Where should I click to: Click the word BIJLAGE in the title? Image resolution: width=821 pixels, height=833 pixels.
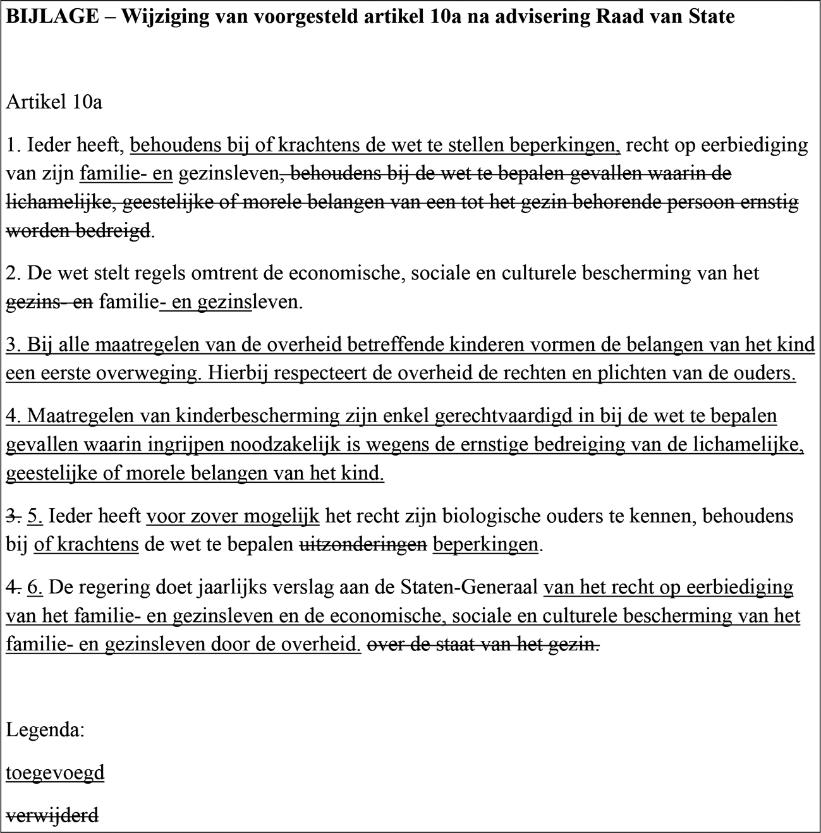tap(52, 17)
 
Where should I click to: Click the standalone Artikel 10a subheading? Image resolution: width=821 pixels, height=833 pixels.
tap(54, 102)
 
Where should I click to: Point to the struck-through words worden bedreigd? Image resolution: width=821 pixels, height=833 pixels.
tap(78, 231)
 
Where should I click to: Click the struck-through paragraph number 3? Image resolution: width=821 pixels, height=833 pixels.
tap(13, 516)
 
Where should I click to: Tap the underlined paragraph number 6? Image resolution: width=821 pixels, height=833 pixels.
tap(35, 587)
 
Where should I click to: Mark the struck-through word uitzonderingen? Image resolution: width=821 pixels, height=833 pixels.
tap(363, 544)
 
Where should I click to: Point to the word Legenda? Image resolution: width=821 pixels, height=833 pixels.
tap(46, 730)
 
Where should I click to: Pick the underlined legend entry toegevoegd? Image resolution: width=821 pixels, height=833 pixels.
tap(55, 772)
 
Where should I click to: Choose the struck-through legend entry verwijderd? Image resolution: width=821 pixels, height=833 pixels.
tap(52, 815)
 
